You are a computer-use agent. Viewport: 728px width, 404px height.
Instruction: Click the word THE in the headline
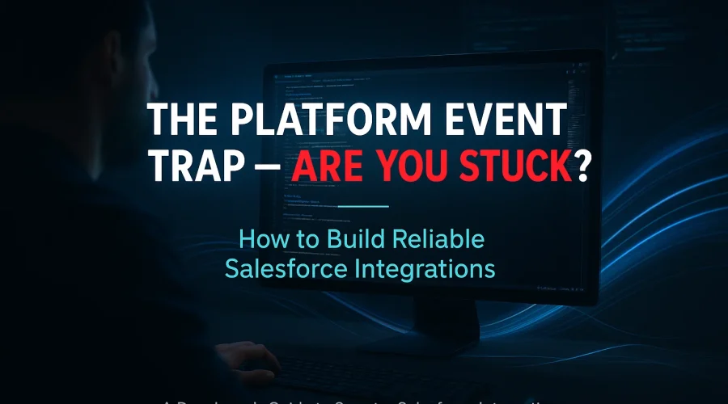[x=182, y=123]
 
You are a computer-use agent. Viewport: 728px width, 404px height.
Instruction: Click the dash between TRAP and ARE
[x=267, y=170]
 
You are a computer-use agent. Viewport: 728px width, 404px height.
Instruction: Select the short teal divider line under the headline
[x=363, y=206]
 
